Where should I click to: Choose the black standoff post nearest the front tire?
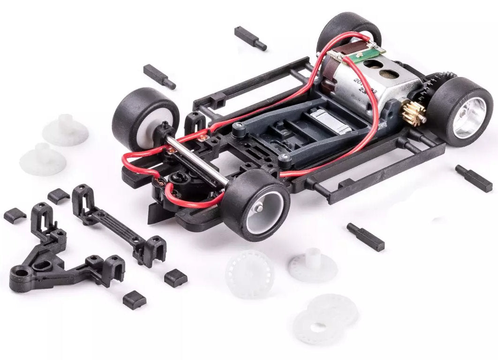tap(365, 236)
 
